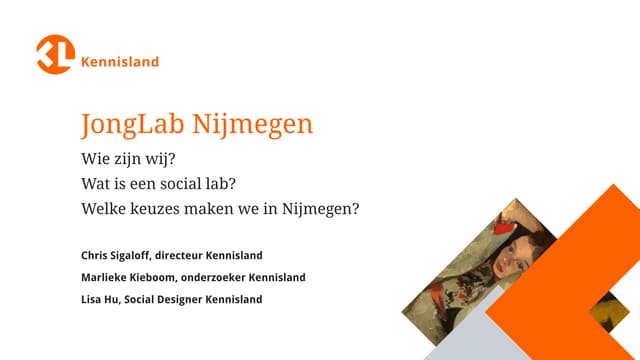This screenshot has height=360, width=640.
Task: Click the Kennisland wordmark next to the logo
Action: [x=120, y=62]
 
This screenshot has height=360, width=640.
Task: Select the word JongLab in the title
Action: [x=129, y=125]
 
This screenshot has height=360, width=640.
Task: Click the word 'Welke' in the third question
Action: [x=104, y=210]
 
